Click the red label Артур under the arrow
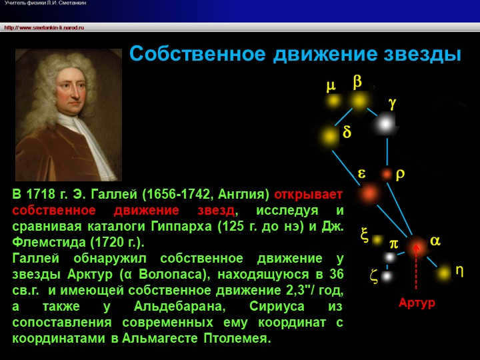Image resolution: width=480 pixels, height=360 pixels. click(x=416, y=303)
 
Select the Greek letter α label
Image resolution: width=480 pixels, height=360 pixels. click(x=435, y=241)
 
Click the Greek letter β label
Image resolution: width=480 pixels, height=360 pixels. click(x=357, y=81)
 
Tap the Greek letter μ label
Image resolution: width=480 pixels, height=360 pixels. click(x=331, y=86)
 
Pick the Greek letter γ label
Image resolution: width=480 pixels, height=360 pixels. click(x=393, y=103)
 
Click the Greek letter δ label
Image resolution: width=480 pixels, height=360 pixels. click(x=347, y=132)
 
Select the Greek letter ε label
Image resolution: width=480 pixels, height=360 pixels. click(x=362, y=173)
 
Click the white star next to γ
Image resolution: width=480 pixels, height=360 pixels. click(x=385, y=123)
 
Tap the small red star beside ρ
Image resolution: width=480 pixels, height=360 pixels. click(x=386, y=174)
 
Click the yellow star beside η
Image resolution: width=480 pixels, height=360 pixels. click(x=444, y=273)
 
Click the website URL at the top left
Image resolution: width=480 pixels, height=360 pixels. click(x=44, y=27)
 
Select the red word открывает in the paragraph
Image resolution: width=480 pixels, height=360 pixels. click(x=309, y=195)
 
